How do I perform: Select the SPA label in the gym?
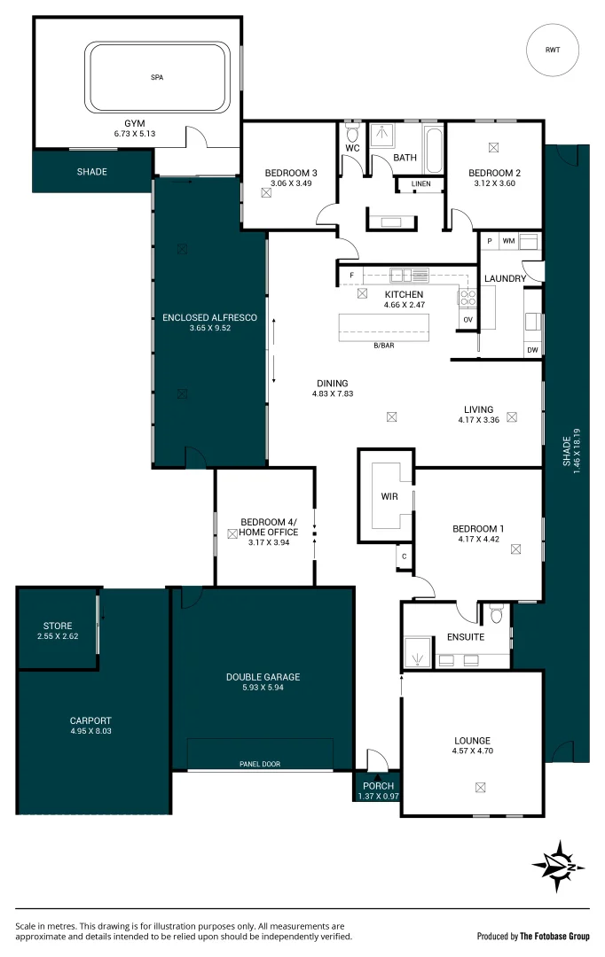pos(157,78)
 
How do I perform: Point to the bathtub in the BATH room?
pos(433,152)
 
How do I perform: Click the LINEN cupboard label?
pos(420,184)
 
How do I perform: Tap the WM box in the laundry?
pos(508,240)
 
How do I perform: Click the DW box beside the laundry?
pos(532,350)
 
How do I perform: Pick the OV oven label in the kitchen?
pos(467,320)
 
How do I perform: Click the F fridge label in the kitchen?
pos(351,276)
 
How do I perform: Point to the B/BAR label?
pos(383,345)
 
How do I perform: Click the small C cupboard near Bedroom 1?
pos(404,556)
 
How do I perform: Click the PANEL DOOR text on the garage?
pos(259,763)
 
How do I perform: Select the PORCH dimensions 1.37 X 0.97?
pos(378,796)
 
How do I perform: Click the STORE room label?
pos(58,626)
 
